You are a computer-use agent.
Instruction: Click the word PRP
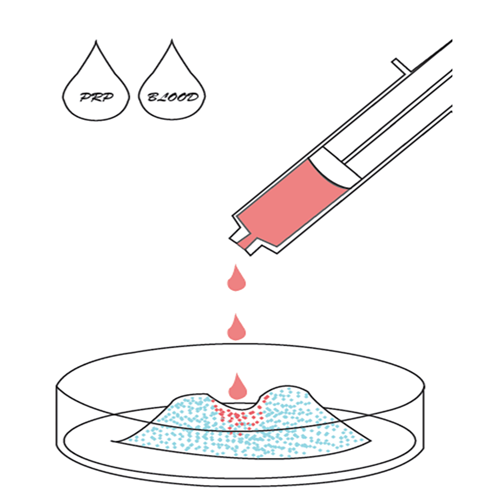[x=96, y=97]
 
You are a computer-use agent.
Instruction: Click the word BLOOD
[x=173, y=97]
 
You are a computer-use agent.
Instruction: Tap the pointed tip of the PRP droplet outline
[x=96, y=41]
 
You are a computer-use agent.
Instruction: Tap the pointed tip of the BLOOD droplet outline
[x=172, y=40]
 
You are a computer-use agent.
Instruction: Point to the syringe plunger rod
[x=397, y=115]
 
